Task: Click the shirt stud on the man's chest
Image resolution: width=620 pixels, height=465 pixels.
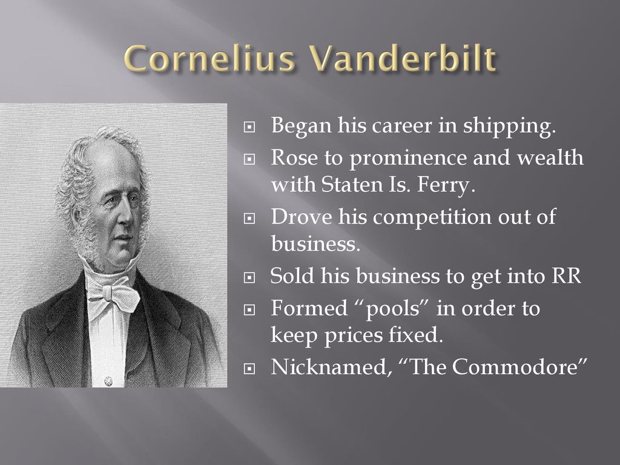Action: pos(108,381)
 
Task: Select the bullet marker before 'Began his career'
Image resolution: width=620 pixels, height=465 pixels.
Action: pos(249,127)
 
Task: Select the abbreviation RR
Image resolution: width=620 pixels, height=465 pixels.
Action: pos(566,276)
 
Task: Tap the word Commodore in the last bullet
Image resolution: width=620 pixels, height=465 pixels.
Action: pos(515,367)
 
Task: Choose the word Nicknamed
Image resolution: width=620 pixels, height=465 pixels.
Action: pos(329,367)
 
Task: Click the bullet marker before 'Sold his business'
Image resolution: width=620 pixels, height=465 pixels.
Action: pos(249,277)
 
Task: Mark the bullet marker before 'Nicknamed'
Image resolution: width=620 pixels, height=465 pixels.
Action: pos(249,369)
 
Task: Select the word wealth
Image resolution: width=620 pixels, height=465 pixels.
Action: pos(550,157)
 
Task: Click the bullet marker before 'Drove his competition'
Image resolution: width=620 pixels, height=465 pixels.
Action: pos(249,219)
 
